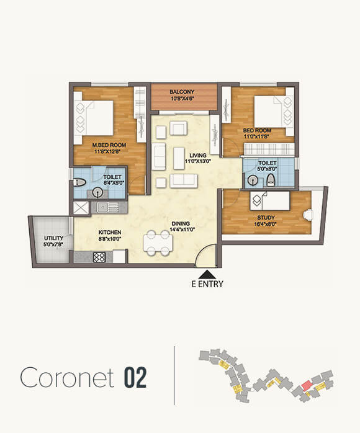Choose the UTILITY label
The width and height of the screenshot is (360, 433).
[53, 238]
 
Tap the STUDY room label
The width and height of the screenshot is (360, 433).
[266, 218]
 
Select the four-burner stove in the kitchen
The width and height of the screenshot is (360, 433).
[100, 256]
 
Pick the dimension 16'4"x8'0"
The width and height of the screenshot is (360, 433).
[266, 225]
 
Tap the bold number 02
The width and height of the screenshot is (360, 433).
[135, 377]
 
